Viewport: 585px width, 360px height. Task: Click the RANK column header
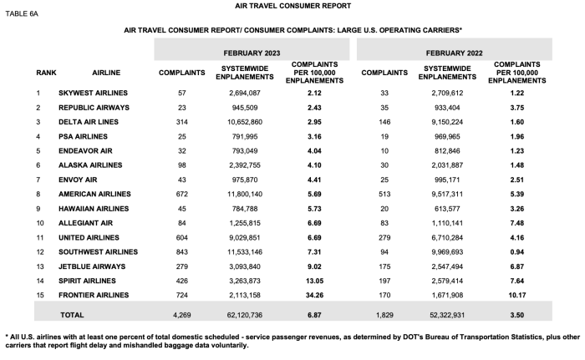pos(46,72)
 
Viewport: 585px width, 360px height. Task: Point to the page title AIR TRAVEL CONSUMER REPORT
pos(292,5)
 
